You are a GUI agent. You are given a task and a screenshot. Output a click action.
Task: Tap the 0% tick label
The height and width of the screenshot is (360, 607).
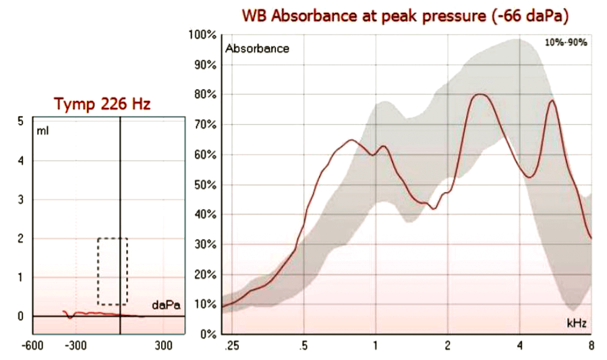click(208, 334)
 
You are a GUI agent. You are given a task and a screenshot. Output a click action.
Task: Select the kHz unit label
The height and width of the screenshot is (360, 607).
click(575, 324)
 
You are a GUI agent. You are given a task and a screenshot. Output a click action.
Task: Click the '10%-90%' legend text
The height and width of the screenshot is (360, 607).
click(567, 42)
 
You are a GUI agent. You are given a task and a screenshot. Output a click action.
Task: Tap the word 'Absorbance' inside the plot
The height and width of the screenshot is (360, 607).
click(258, 49)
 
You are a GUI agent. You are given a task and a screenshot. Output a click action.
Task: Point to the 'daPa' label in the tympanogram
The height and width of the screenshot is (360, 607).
click(166, 305)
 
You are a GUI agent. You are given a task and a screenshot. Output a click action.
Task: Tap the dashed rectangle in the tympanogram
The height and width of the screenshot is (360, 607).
click(113, 271)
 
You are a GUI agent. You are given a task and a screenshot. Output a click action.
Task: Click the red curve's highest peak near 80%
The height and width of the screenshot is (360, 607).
click(480, 94)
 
